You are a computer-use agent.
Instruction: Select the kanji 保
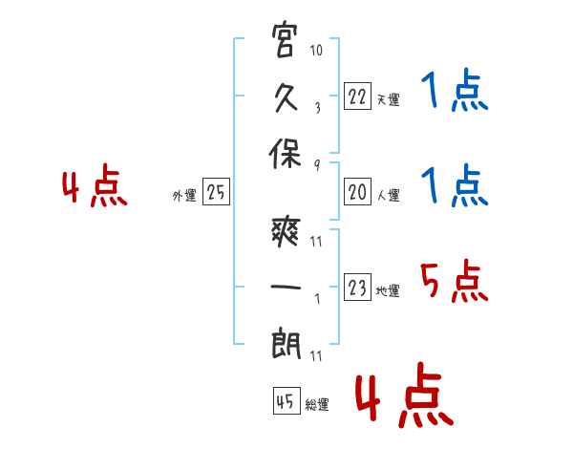[285, 154]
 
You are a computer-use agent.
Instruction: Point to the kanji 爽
[286, 232]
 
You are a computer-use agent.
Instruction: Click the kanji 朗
[286, 344]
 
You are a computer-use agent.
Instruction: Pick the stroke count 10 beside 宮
[316, 50]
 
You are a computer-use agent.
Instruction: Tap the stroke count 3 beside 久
[318, 108]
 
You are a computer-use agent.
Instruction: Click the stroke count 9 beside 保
[317, 165]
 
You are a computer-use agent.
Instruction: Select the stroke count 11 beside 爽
[316, 242]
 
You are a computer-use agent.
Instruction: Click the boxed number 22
[357, 96]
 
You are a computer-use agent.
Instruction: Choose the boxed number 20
[357, 192]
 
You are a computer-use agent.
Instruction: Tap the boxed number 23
[357, 287]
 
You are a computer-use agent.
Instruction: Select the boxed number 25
[216, 192]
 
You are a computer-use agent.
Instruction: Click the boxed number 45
[286, 400]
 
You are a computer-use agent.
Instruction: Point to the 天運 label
[389, 99]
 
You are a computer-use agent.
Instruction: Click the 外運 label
[184, 195]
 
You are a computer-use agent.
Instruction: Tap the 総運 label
[317, 404]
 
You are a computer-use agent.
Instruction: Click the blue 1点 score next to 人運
[455, 185]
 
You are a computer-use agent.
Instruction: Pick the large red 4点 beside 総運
[405, 395]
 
